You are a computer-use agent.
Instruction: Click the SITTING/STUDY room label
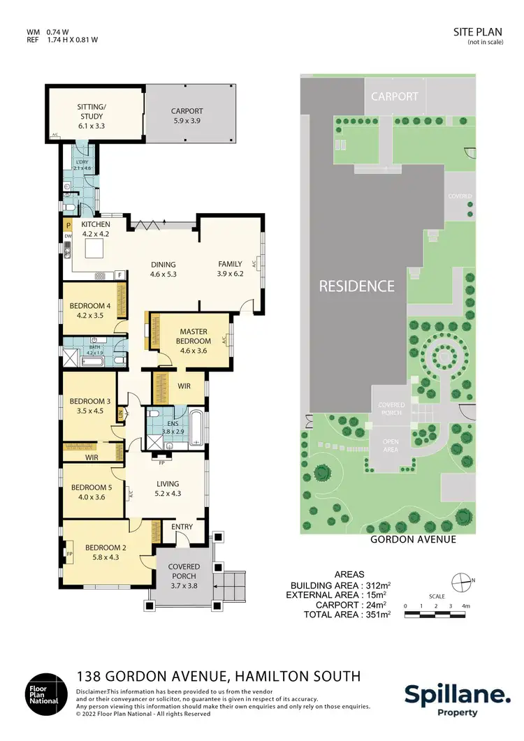click(x=90, y=112)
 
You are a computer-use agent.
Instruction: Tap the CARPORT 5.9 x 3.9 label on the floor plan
click(x=187, y=115)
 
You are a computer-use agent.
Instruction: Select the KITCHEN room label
click(x=96, y=229)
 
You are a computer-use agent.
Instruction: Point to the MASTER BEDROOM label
click(x=194, y=337)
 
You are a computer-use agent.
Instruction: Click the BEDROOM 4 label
click(x=90, y=310)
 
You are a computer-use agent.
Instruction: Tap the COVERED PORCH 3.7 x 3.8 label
click(x=184, y=577)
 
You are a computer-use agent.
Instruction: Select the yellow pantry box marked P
click(x=68, y=226)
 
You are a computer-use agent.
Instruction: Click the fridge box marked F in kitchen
click(x=119, y=274)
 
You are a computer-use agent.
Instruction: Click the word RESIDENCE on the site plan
click(x=357, y=286)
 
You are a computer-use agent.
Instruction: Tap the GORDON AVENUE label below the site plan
click(x=412, y=539)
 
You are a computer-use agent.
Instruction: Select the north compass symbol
click(x=460, y=581)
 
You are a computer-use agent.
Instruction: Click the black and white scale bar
click(x=435, y=615)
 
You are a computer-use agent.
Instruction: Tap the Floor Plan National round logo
click(x=46, y=694)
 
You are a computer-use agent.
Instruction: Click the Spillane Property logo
click(x=458, y=699)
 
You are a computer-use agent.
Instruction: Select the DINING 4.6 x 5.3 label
click(x=163, y=270)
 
